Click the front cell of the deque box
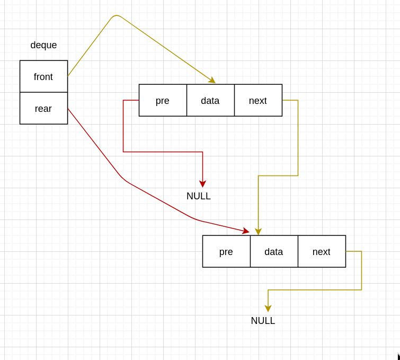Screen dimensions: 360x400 [43, 76]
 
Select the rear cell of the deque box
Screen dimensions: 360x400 [43, 108]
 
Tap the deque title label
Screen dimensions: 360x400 [43, 45]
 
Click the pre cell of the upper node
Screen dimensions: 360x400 [163, 100]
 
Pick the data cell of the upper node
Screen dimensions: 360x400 [210, 100]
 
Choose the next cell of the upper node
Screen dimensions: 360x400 [258, 100]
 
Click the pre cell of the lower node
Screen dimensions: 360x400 [226, 251]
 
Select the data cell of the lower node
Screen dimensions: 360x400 [274, 251]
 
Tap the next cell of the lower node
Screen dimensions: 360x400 [322, 251]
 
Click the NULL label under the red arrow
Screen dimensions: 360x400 [199, 196]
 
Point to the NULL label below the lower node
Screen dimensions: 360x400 [263, 321]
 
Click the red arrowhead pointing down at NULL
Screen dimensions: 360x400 [202, 183]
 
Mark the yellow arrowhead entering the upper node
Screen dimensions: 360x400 [212, 80]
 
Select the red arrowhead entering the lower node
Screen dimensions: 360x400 [245, 231]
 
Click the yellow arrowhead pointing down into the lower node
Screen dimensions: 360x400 [258, 232]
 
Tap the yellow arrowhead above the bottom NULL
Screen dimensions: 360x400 [268, 309]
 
